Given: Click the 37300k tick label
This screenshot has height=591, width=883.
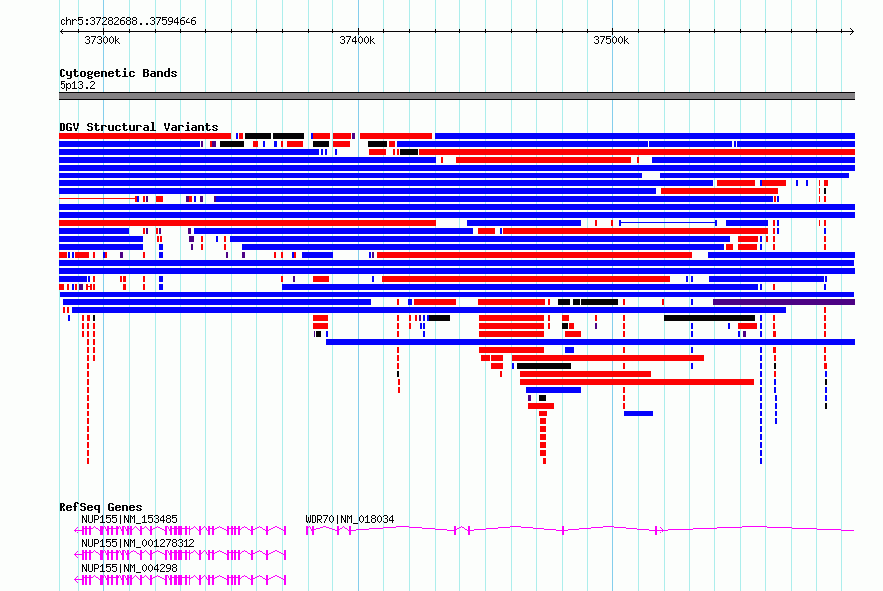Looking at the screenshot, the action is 102,41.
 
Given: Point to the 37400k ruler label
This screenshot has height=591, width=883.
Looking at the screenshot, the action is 357,41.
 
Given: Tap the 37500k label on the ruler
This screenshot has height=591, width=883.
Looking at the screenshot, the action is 611,41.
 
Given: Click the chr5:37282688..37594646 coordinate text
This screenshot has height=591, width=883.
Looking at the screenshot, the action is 128,22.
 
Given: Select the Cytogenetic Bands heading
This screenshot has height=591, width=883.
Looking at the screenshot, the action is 118,73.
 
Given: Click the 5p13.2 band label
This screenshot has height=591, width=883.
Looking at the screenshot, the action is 77,85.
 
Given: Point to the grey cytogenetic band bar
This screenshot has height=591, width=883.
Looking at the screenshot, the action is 456,96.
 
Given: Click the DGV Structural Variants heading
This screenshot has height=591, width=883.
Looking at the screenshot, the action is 139,127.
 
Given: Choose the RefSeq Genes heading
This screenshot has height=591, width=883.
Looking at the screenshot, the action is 100,507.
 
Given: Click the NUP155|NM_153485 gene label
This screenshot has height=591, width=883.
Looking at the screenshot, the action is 129,519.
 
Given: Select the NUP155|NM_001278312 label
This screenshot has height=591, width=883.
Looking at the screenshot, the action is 138,543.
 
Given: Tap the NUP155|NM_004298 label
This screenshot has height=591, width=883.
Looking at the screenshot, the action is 129,568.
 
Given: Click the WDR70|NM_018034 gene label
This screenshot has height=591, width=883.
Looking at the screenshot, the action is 349,519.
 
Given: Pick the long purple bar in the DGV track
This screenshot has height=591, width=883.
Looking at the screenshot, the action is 784,302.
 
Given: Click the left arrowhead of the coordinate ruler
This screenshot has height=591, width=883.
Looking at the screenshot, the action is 62,32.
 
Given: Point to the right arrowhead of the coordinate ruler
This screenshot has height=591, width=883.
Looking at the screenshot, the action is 852,32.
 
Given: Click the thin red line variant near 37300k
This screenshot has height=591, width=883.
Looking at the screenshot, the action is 97,199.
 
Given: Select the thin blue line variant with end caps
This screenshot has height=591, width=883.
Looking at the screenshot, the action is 668,223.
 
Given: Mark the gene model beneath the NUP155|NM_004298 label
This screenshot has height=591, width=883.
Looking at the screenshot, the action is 181,580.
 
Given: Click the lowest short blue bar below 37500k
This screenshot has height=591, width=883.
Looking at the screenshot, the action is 638,414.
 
